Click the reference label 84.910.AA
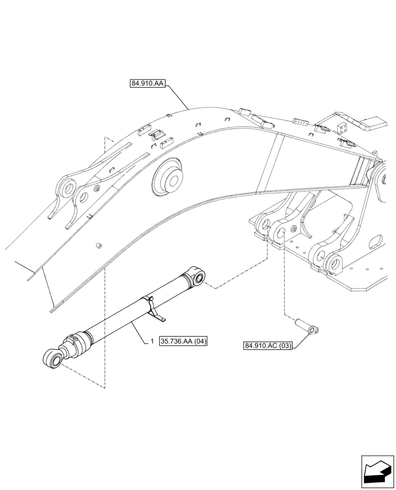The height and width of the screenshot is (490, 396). click(148, 83)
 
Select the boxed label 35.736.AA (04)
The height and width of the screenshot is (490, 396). click(183, 341)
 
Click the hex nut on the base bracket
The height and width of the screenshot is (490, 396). click(293, 230)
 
